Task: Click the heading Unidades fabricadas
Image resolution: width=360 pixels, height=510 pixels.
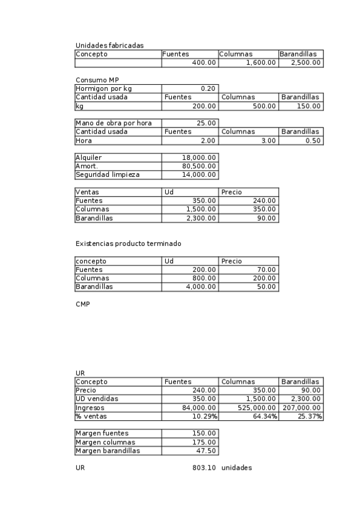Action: tap(109, 45)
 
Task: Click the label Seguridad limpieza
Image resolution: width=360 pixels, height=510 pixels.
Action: tap(108, 175)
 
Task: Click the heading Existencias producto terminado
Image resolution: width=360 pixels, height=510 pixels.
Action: tap(128, 244)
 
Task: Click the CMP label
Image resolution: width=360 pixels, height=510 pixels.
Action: tap(82, 304)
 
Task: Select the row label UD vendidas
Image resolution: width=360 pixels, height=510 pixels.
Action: tap(97, 399)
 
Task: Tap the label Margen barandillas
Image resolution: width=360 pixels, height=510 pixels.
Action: tap(108, 450)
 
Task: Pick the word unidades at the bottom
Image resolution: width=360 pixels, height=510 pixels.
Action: tap(236, 468)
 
